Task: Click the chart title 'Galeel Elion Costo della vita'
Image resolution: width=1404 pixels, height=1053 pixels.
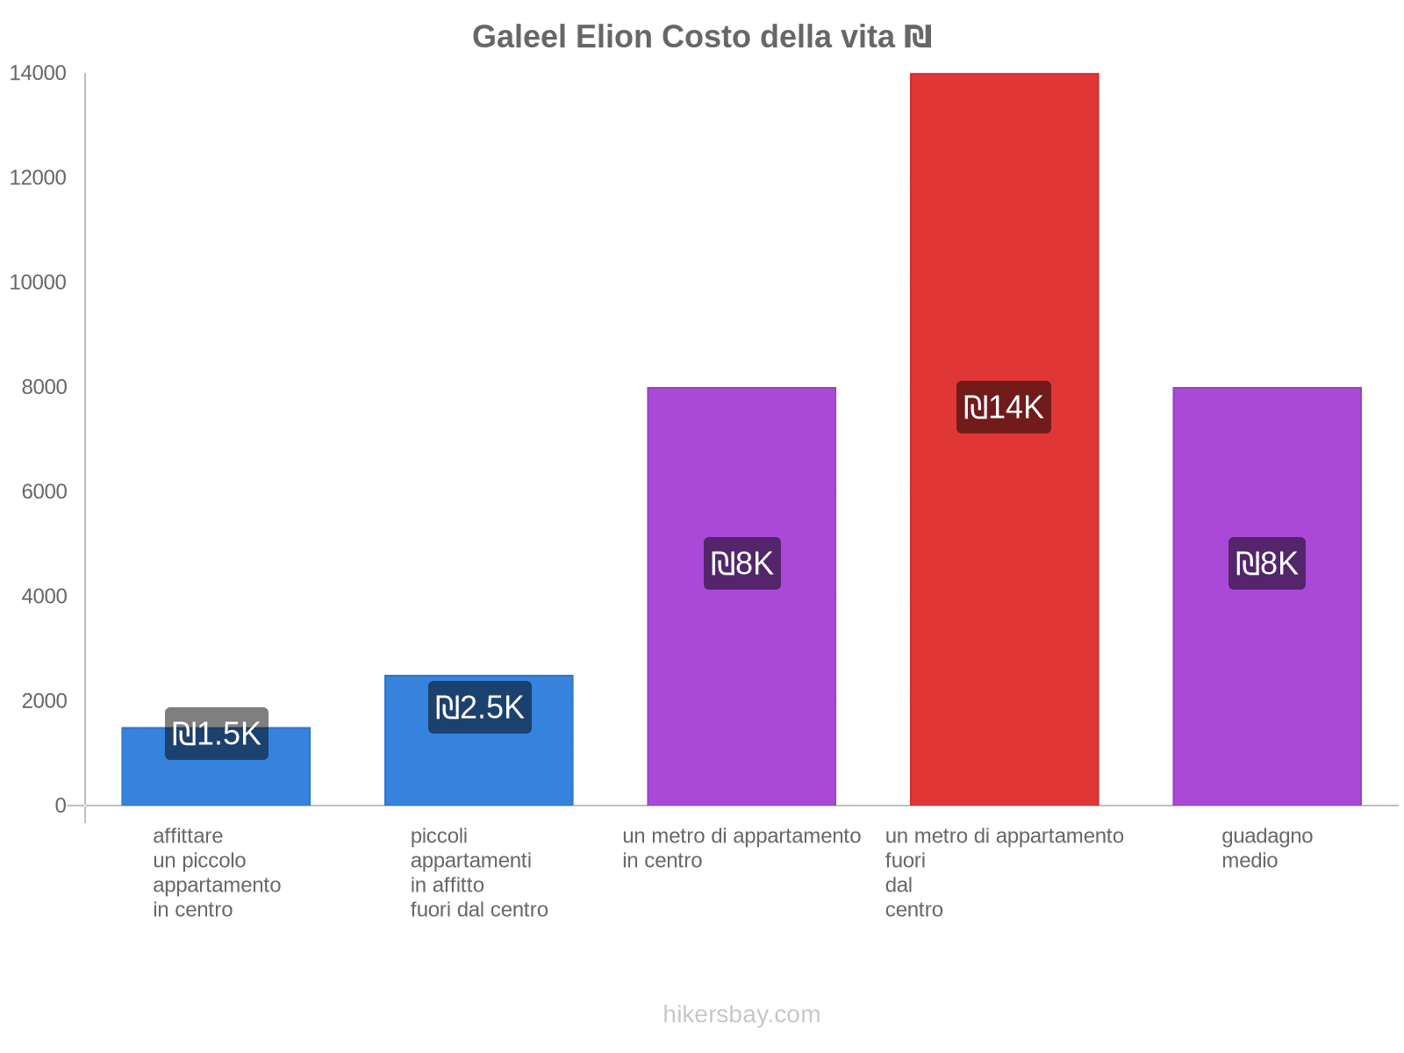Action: pos(701,37)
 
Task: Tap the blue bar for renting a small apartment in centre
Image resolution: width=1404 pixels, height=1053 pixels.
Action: pos(216,781)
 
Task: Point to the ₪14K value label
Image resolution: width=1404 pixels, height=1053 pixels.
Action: pos(1003,407)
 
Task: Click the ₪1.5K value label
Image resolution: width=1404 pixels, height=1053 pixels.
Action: pos(216,734)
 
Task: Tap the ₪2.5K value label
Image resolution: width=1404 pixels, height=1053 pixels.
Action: pos(479,707)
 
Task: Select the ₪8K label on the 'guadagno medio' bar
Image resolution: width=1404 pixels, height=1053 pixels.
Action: pos(1266,563)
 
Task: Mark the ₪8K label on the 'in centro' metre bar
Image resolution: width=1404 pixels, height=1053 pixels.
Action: pos(741,563)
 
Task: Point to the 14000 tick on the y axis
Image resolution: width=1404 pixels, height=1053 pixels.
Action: pos(38,74)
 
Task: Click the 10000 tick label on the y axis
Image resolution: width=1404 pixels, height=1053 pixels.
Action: pos(38,283)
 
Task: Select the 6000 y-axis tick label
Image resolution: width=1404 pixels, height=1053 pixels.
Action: pos(44,491)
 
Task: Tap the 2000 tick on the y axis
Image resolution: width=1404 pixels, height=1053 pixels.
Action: pos(44,701)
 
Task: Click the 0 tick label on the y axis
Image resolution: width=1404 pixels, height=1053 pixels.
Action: pos(61,806)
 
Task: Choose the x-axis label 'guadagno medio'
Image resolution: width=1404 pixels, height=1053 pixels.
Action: pos(1266,848)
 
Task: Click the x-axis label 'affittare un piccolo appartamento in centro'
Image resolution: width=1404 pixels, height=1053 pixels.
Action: pos(216,872)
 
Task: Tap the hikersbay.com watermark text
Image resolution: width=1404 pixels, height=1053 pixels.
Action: pos(741,1014)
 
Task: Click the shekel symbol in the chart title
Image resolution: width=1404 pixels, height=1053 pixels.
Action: pos(918,37)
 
